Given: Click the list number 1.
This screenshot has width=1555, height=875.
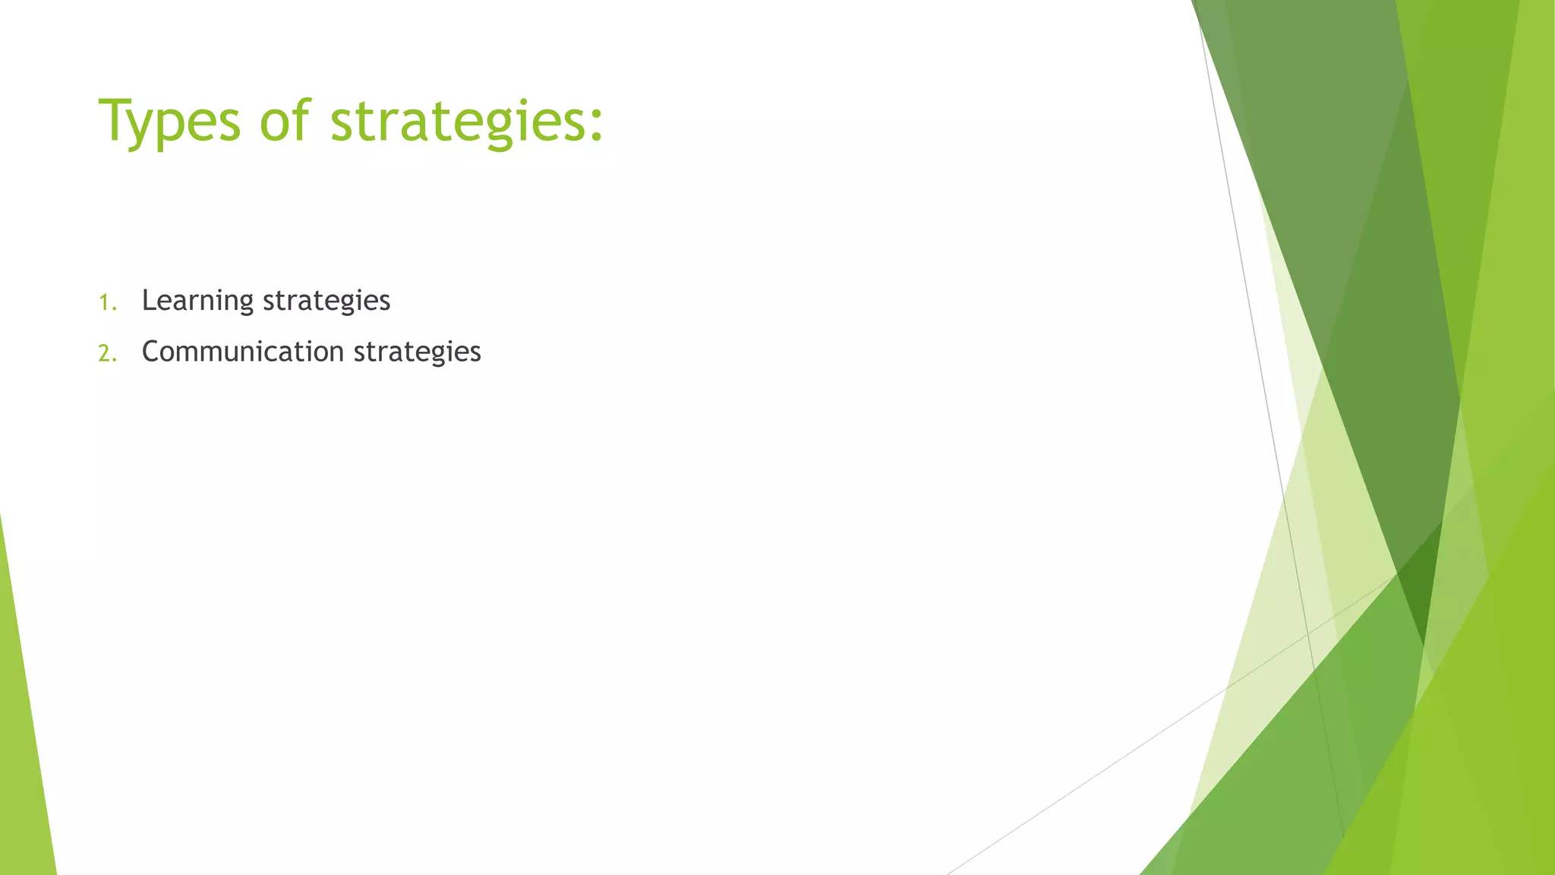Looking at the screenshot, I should [x=106, y=302].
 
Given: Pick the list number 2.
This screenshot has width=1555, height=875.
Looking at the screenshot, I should [x=107, y=353].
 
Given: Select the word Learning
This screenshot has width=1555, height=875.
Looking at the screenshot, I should [x=197, y=301].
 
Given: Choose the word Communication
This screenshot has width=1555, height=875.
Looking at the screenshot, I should [x=243, y=352].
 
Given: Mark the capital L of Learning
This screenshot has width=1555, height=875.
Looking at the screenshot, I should [x=149, y=300].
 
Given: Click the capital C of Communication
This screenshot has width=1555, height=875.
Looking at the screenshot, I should [x=152, y=352].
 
